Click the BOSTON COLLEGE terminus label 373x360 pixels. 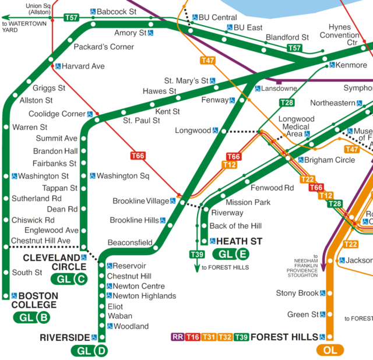click(34, 301)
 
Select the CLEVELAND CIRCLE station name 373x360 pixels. click(51, 262)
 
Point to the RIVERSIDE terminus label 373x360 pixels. click(65, 337)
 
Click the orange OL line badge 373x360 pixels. click(330, 350)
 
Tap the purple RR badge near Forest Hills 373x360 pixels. click(177, 337)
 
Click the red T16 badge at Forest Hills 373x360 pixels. click(193, 337)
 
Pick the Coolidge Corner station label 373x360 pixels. click(57, 114)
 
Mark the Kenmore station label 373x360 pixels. click(352, 65)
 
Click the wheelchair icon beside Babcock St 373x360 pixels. click(93, 11)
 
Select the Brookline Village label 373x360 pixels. click(140, 202)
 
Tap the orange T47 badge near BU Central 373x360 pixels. click(207, 60)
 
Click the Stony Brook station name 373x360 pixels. click(297, 293)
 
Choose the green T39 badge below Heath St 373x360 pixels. click(196, 254)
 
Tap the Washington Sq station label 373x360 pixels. click(123, 176)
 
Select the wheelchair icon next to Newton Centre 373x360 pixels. click(109, 287)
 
